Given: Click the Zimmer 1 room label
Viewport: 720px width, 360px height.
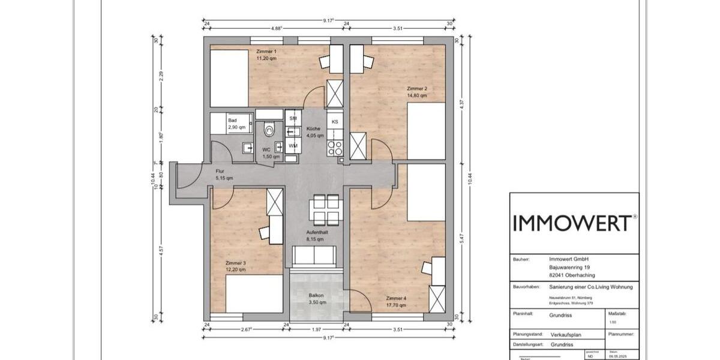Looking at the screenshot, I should pos(266,52).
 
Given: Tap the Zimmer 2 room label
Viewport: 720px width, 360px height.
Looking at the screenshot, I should pos(417,89).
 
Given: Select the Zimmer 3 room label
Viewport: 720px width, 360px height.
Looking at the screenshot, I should pos(236,263).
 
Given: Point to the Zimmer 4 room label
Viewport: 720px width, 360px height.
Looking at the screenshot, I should pos(397,299).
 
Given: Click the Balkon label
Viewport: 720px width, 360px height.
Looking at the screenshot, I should pos(317,295).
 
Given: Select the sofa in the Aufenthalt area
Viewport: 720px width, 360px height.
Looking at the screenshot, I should pos(313,256).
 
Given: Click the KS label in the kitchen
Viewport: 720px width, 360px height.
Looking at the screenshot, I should pos(335,122).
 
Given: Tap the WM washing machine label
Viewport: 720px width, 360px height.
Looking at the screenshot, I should pos(293,146).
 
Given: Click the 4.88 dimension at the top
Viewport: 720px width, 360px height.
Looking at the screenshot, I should pos(277,28).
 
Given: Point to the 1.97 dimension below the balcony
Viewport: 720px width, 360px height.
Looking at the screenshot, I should pos(316,329).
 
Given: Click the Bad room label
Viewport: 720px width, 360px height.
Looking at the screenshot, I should pos(232,121).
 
